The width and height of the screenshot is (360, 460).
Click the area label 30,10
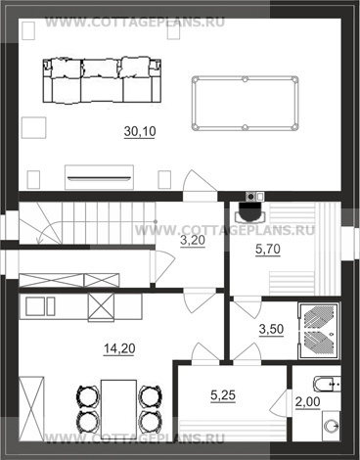140,131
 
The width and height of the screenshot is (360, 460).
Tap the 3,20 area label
193,241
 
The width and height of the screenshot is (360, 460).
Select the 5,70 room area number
268,250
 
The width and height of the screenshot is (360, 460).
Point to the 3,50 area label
271,329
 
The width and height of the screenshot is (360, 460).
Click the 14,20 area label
119,348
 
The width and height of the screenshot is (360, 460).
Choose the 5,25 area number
223,395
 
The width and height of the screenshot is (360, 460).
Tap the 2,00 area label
307,402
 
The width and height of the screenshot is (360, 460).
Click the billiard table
245,103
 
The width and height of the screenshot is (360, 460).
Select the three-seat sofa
102,80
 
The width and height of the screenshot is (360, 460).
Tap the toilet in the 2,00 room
327,384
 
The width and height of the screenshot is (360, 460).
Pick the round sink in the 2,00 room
332,426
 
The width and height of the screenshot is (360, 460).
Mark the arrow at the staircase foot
38,241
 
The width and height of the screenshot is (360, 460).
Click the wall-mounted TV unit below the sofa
99,177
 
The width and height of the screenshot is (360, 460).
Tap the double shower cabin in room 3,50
319,331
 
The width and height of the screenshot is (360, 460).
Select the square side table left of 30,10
33,127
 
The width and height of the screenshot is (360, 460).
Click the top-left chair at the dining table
88,395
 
